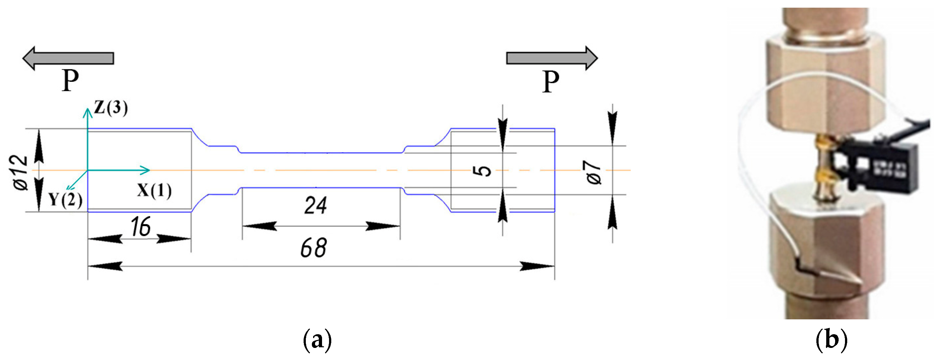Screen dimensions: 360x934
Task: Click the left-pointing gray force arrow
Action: [x=68, y=58]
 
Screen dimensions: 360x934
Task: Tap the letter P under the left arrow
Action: [x=70, y=80]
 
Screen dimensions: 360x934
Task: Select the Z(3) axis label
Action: [x=111, y=108]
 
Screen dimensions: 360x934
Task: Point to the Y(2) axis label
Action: [x=65, y=199]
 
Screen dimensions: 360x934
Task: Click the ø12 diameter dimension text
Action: [x=21, y=173]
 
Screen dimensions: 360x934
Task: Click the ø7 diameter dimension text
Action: [x=594, y=173]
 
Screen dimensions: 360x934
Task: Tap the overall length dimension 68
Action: [x=314, y=248]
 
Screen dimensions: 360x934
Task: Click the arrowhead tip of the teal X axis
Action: [x=149, y=170]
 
